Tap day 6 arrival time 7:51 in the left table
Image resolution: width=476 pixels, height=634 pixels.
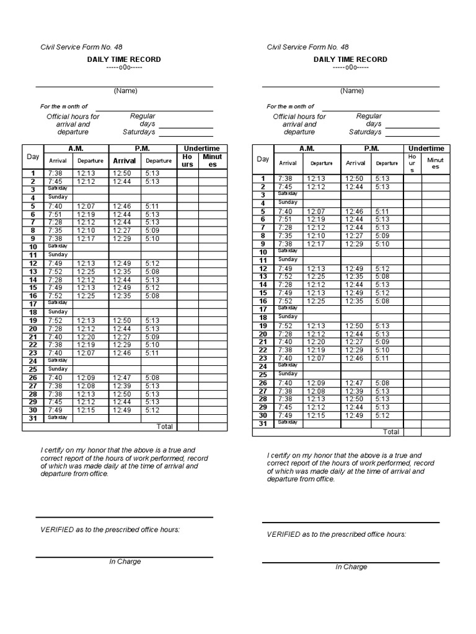click(55, 214)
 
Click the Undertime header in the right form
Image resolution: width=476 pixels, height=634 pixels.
click(426, 149)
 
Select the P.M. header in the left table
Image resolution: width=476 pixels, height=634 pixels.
click(143, 149)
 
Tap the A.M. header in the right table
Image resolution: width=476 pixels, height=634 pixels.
click(307, 149)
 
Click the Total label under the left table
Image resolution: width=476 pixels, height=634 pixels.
click(165, 427)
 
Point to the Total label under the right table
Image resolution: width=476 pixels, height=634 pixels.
click(390, 432)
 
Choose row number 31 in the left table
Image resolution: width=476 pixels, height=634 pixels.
click(33, 419)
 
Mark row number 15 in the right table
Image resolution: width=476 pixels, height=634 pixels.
click(263, 293)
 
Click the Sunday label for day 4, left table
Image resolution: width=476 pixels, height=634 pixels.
click(58, 197)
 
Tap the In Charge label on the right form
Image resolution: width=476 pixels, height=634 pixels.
click(351, 567)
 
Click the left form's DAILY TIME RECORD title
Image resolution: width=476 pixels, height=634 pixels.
click(124, 59)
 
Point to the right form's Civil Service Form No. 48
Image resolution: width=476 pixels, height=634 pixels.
click(307, 47)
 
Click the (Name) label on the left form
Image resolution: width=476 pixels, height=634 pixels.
click(125, 91)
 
